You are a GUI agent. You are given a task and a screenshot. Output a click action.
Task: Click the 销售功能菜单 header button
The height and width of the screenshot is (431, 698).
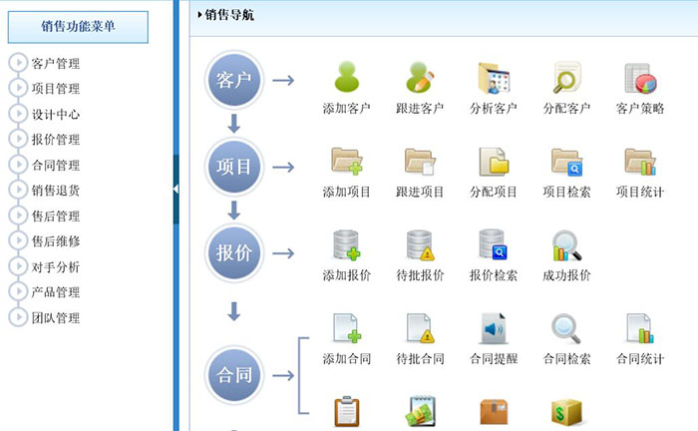coord(78,26)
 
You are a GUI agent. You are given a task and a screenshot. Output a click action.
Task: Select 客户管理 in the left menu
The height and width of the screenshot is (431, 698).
coord(56,63)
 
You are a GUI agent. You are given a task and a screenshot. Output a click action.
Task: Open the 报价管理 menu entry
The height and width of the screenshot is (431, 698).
coord(56,140)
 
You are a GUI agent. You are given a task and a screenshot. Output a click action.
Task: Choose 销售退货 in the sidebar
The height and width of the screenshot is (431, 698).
coord(56,191)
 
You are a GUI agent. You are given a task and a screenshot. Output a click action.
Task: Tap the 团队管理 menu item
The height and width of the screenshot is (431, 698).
coord(56,318)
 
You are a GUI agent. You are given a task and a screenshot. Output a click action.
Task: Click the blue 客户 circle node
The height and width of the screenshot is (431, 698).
coord(234,80)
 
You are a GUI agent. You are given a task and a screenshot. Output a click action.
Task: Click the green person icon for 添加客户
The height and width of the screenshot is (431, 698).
coord(346,77)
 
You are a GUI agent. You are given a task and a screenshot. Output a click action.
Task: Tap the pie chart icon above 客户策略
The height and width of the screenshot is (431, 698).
coord(639,78)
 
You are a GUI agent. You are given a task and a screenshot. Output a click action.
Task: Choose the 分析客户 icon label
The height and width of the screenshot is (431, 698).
coord(494,109)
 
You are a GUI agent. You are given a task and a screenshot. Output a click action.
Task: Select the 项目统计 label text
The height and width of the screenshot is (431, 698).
coord(640,193)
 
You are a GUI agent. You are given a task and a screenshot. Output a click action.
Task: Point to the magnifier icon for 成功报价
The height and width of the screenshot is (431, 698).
coord(566,245)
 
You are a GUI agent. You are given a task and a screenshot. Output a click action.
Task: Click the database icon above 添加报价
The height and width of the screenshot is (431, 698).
coord(346,245)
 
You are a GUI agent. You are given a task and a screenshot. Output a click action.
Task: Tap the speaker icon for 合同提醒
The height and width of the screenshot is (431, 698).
coord(494,328)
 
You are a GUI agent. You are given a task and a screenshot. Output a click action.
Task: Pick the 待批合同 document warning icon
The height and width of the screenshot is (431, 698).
coord(420,328)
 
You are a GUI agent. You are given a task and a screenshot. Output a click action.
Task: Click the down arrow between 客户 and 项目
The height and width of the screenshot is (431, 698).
coord(234,124)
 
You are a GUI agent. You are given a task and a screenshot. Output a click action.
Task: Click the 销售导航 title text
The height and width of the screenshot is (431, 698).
coord(228,14)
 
